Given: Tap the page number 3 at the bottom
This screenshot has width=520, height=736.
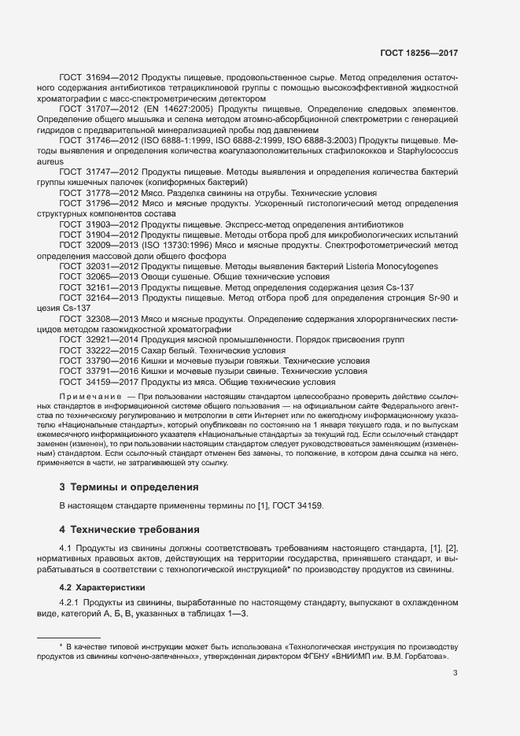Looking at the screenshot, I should (x=455, y=672).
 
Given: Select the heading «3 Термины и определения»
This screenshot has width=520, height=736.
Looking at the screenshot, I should (x=130, y=487).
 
